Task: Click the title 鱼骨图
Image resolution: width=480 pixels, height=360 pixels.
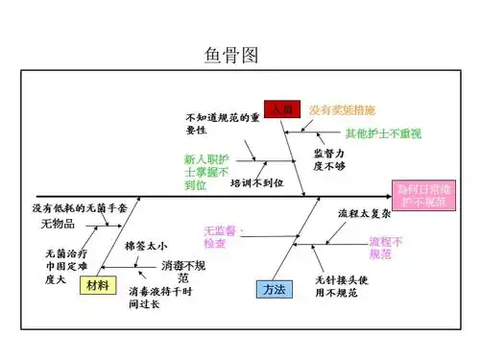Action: tap(231, 56)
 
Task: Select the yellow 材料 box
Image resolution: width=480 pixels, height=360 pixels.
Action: tap(97, 286)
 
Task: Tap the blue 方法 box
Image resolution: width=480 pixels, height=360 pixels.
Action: tap(273, 288)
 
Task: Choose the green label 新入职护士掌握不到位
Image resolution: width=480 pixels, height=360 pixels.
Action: tap(208, 171)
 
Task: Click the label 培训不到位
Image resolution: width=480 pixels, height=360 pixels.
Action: tap(256, 181)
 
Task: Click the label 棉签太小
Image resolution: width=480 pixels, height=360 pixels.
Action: tap(146, 246)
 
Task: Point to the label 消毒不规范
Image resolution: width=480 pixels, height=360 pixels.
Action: tap(183, 270)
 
